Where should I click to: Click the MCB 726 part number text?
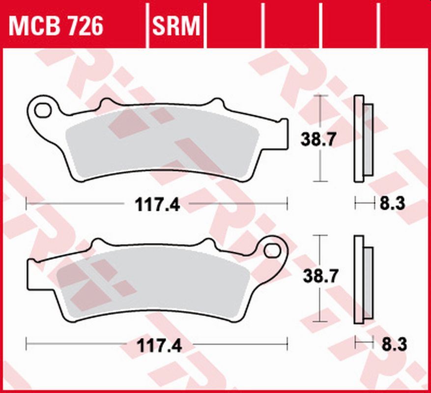coord(56,26)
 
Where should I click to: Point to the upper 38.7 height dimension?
coord(318,140)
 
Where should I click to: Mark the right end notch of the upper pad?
coord(282,133)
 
